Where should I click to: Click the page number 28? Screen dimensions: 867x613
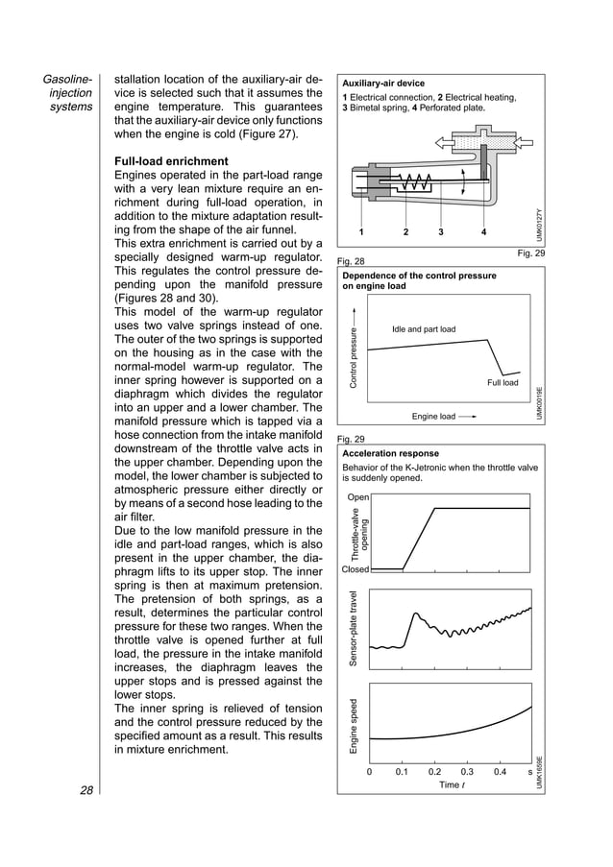point(86,790)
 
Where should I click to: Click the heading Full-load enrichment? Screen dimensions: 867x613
point(171,160)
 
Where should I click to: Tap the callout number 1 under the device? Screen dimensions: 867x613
point(361,232)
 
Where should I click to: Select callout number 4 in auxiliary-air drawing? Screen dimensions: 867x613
point(483,232)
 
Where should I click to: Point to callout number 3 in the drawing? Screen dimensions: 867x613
point(441,232)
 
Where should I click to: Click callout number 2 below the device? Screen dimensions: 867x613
point(405,232)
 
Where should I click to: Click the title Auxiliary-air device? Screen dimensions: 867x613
point(383,84)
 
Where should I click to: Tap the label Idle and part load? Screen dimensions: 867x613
point(424,329)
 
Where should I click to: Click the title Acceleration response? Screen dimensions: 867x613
point(391,453)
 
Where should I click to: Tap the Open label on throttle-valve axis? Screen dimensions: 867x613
point(357,497)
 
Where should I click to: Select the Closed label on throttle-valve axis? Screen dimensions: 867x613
point(356,569)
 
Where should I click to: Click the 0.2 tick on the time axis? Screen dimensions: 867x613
point(434,771)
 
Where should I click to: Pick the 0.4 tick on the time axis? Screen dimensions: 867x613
point(500,771)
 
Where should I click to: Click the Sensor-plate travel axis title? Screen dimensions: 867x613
point(354,629)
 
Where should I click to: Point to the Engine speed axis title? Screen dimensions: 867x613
point(354,725)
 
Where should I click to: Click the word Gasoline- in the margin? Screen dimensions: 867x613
point(68,77)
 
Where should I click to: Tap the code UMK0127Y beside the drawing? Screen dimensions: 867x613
point(539,227)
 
